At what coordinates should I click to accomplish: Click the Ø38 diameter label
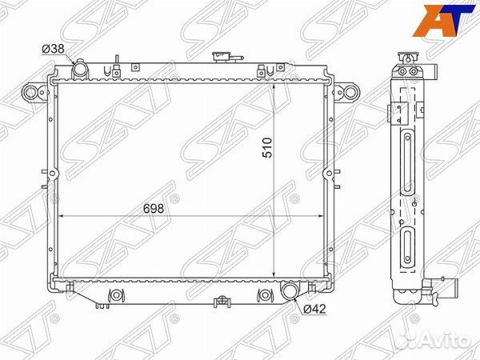(54, 49)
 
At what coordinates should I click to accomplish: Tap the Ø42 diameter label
(314, 309)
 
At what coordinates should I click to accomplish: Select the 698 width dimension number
(154, 209)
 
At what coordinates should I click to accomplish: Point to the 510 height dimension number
(267, 147)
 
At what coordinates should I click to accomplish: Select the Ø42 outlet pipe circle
(289, 291)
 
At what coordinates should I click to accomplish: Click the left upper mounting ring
(30, 92)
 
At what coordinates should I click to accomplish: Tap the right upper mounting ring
(351, 91)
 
